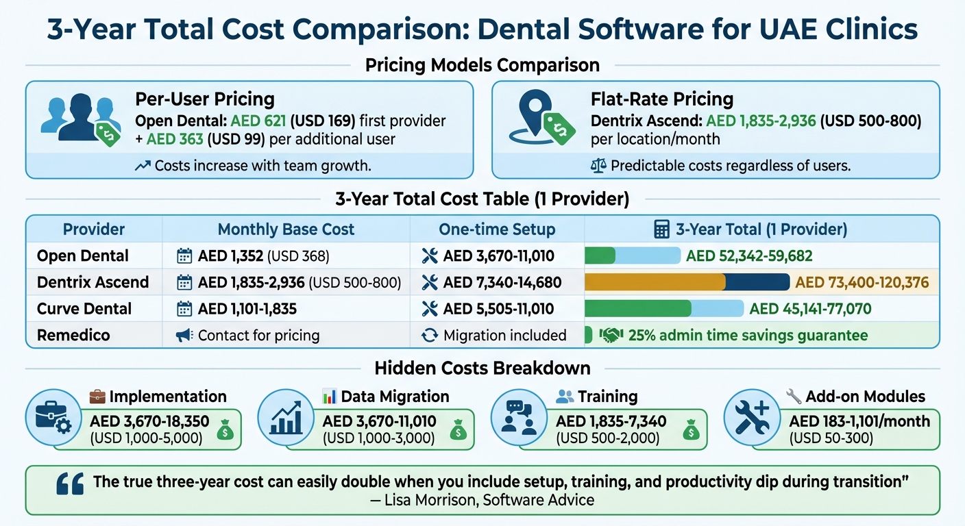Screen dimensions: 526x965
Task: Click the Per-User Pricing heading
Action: pyautogui.click(x=205, y=99)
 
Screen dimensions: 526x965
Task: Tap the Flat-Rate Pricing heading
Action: pyautogui.click(x=662, y=99)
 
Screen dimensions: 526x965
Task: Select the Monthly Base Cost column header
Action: pyautogui.click(x=286, y=229)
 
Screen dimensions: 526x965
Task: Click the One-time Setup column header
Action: pyautogui.click(x=497, y=229)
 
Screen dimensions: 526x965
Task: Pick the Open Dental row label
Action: pyautogui.click(x=83, y=256)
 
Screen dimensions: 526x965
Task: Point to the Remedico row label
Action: pyautogui.click(x=73, y=335)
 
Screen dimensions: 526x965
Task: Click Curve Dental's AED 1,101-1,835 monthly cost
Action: pyautogui.click(x=247, y=309)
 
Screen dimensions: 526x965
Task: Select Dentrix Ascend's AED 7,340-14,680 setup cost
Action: pyautogui.click(x=502, y=282)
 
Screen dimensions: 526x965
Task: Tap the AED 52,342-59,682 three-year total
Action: pyautogui.click(x=749, y=256)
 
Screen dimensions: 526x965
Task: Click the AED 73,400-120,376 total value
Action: pyautogui.click(x=862, y=282)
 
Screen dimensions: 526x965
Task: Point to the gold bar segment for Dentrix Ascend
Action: pyautogui.click(x=655, y=282)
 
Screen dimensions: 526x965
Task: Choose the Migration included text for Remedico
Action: pyautogui.click(x=504, y=335)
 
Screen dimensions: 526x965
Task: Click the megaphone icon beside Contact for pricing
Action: pyautogui.click(x=184, y=335)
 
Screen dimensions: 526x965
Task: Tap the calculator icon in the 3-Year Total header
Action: pyautogui.click(x=661, y=229)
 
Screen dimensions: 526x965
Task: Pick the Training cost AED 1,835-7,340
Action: pyautogui.click(x=611, y=421)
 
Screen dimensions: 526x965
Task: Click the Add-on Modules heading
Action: pyautogui.click(x=865, y=396)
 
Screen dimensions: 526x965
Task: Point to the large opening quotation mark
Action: pyautogui.click(x=70, y=483)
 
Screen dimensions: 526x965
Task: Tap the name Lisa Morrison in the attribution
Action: pyautogui.click(x=427, y=500)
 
